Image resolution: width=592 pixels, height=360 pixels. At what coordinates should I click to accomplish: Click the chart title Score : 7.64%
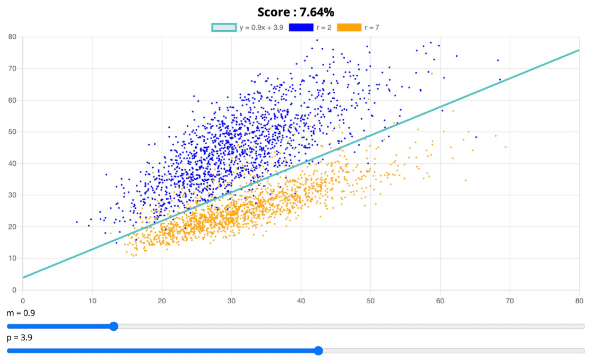[x=295, y=12]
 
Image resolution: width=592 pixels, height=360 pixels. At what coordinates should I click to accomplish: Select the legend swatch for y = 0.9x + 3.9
[x=224, y=28]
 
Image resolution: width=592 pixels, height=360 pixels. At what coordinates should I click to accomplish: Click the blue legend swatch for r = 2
[x=301, y=28]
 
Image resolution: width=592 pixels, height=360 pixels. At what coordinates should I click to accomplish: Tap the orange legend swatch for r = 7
[x=349, y=28]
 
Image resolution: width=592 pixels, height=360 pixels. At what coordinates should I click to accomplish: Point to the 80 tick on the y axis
[x=12, y=37]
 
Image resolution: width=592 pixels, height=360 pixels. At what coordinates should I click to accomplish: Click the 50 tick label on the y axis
[x=12, y=132]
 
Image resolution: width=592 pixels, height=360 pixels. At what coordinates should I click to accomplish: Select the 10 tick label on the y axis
[x=12, y=259]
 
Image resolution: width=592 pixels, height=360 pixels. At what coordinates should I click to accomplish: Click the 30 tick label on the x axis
[x=231, y=300]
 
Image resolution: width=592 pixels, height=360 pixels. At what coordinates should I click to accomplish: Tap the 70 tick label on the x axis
[x=509, y=300]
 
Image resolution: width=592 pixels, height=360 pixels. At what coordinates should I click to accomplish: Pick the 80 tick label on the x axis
[x=579, y=300]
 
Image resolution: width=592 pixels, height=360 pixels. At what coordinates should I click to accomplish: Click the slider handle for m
[x=114, y=326]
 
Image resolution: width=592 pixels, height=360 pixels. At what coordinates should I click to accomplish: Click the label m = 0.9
[x=21, y=313]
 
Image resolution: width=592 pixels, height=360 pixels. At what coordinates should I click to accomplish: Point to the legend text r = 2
[x=324, y=28]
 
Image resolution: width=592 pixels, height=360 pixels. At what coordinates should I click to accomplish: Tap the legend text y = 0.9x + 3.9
[x=261, y=28]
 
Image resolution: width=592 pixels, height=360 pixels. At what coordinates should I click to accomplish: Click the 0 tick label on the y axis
[x=14, y=290]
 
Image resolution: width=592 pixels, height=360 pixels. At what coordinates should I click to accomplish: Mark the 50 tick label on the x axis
[x=370, y=300]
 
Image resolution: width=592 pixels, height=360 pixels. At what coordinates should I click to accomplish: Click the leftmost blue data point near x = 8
[x=76, y=222]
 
